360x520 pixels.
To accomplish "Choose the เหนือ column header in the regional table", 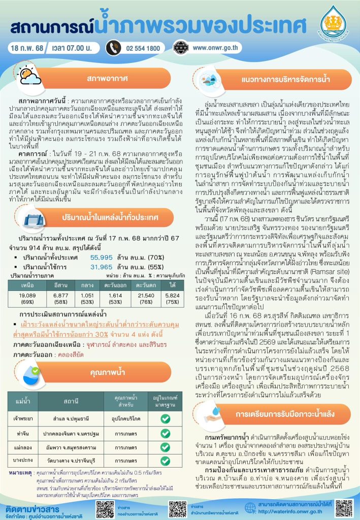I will tap(27, 285).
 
